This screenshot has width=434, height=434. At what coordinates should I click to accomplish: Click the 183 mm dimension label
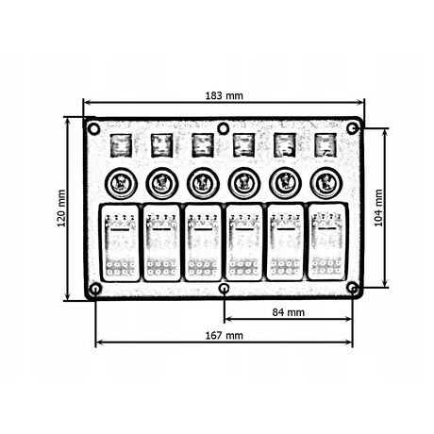point(225,95)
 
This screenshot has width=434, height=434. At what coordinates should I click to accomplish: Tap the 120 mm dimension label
point(61,209)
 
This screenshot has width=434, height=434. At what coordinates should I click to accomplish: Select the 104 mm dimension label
point(378,208)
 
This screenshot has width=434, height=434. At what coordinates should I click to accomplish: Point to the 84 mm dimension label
point(289,312)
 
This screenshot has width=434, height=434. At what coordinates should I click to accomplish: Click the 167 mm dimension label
point(225,336)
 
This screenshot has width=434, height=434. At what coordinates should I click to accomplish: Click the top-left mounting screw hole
point(93,128)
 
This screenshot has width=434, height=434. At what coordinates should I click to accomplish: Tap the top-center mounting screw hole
point(224,128)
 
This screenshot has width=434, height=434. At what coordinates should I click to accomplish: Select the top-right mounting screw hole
point(353,128)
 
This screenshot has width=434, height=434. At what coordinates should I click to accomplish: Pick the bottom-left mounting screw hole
point(95,289)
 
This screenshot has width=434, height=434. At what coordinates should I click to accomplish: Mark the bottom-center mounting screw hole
point(224,288)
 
